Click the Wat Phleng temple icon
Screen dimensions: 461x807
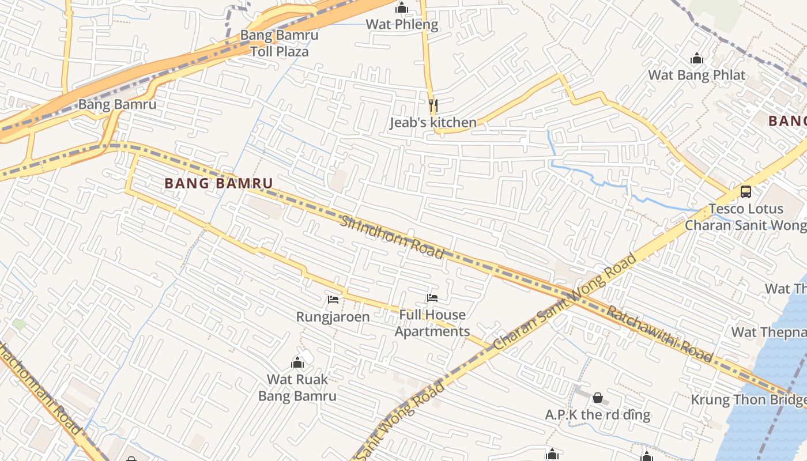402,8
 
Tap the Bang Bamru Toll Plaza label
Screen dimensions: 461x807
279,43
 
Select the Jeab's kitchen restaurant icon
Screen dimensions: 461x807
433,105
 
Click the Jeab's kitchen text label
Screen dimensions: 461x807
433,122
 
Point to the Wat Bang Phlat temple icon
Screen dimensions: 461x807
697,58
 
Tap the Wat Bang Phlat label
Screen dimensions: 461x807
697,75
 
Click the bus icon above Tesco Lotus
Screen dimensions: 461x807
746,191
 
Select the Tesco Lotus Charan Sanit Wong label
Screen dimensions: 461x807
746,217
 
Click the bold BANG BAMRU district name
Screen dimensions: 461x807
218,183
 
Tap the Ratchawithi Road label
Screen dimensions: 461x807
660,334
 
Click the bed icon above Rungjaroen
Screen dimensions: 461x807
333,299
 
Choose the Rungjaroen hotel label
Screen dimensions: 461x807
333,316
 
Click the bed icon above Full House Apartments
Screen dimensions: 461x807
432,298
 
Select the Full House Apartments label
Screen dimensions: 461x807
432,323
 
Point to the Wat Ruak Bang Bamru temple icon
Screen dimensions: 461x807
297,362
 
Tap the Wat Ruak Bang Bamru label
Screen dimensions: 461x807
297,387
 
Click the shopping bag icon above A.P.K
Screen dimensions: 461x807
598,398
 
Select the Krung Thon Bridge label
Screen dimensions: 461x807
748,399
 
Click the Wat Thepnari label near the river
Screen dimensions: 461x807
769,332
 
